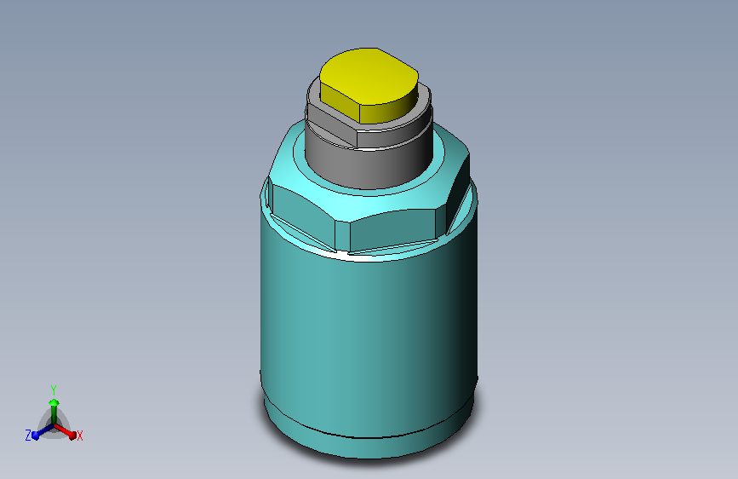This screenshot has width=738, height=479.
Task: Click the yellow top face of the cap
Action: pyautogui.click(x=369, y=76)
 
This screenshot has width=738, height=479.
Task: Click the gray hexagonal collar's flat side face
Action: pyautogui.click(x=332, y=126)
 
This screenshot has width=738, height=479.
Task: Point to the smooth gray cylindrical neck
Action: pyautogui.click(x=369, y=167)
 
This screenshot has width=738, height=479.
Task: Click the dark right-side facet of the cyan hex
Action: pyautogui.click(x=457, y=188)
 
